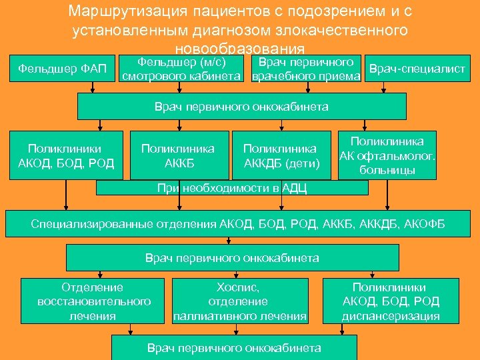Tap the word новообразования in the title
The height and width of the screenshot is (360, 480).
tap(239, 49)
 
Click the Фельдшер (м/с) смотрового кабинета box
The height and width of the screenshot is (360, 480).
tap(181, 69)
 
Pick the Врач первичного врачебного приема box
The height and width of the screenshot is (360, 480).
tap(306, 69)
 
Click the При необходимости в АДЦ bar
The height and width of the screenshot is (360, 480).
tap(232, 188)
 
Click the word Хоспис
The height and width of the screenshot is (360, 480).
tap(238, 287)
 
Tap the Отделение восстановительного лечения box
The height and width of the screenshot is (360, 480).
tap(93, 301)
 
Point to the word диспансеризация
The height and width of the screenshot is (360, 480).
tap(391, 316)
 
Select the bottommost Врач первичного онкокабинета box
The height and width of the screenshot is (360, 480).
tap(234, 347)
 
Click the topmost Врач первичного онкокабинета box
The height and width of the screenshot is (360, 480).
tap(241, 106)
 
